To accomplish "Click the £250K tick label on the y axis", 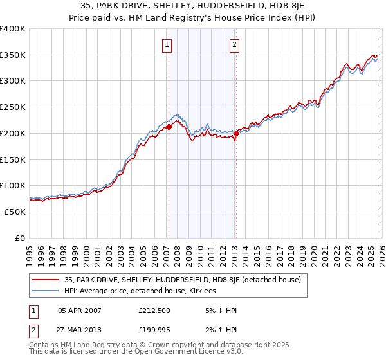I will pyautogui.click(x=12, y=107).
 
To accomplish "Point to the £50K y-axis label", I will pyautogui.click(x=14, y=212).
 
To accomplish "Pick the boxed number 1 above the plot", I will pyautogui.click(x=167, y=45).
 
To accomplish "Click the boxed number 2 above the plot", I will pyautogui.click(x=234, y=45).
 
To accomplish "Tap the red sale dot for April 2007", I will pyautogui.click(x=169, y=127).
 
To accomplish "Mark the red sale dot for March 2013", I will pyautogui.click(x=236, y=134).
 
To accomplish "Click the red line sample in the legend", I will pyautogui.click(x=46, y=280).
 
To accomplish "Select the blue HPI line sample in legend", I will pyautogui.click(x=46, y=291).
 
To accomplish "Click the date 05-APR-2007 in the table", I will pyautogui.click(x=80, y=310).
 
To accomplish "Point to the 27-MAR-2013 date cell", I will pyautogui.click(x=80, y=330).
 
